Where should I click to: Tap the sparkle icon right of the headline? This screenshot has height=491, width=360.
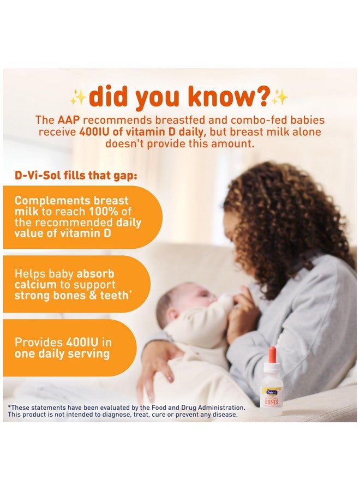[280, 97]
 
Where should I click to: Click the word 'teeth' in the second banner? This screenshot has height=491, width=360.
[119, 296]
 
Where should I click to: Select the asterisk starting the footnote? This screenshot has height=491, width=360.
[9, 408]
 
